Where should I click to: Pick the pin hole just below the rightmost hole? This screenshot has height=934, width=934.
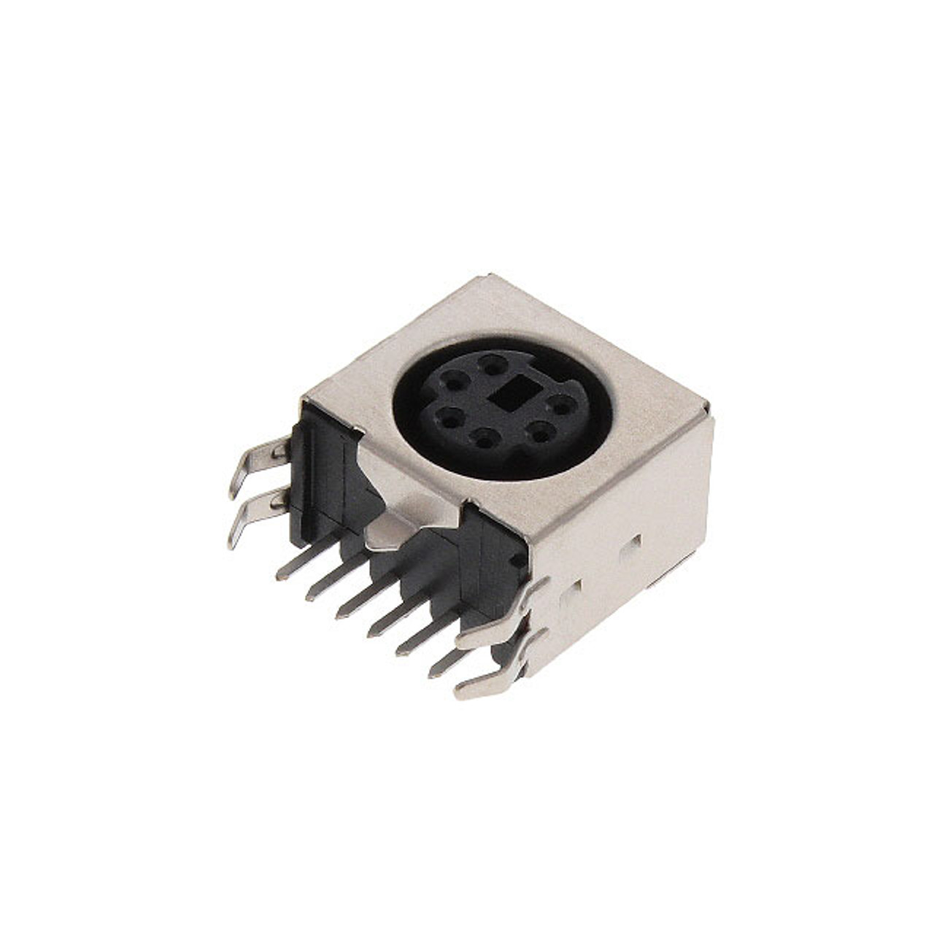(x=540, y=435)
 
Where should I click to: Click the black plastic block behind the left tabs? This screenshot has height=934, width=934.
(x=321, y=474)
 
